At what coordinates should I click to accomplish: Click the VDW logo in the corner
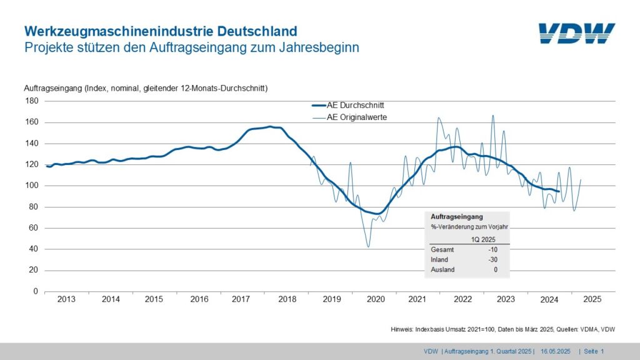(576, 34)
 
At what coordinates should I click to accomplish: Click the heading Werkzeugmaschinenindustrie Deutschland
(160, 31)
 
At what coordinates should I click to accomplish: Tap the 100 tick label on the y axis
(32, 186)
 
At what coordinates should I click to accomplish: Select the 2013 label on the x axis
(66, 299)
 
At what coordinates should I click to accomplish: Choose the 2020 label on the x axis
(376, 299)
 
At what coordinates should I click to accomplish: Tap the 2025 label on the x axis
(592, 299)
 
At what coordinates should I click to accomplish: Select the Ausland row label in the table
(443, 269)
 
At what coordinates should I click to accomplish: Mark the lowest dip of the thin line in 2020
(368, 247)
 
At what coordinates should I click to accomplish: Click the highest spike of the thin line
(493, 115)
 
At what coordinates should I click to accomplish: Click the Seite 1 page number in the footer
(594, 352)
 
